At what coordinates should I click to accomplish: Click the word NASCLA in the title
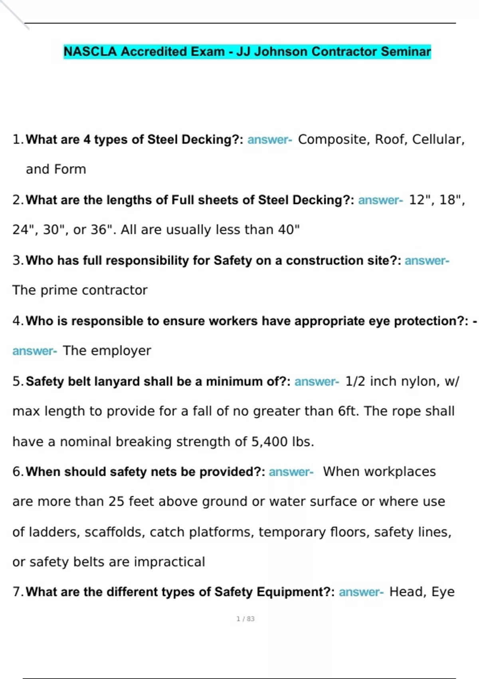90,52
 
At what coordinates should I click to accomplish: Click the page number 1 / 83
245,619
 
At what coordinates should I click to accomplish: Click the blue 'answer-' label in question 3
427,260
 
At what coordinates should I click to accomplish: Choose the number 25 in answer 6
116,502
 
